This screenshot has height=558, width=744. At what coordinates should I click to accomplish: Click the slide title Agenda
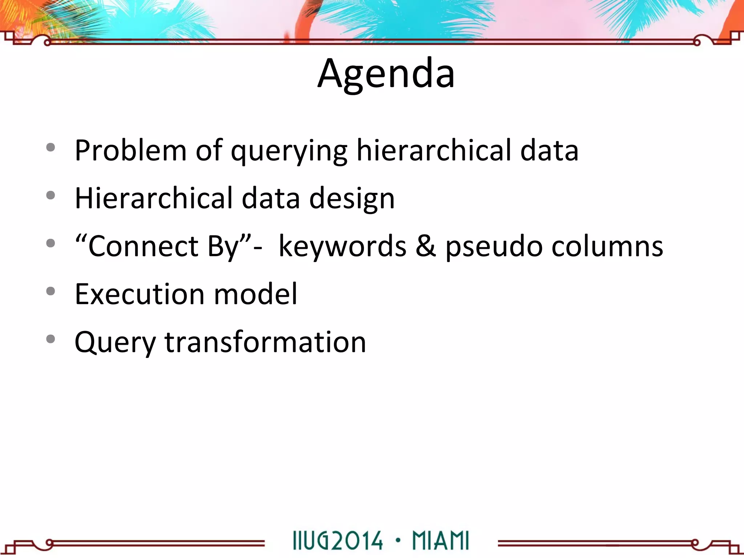coord(386,73)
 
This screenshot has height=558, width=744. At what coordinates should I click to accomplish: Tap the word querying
coord(289,152)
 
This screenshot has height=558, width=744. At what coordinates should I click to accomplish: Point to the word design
coord(352,199)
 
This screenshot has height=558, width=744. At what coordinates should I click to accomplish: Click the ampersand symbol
coord(426,246)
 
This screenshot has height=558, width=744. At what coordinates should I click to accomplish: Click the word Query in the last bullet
coord(115,343)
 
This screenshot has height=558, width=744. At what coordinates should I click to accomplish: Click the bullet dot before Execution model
coord(51,291)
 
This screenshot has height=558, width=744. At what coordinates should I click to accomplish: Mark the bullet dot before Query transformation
coord(51,339)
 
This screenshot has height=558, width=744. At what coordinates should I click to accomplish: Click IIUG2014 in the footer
coord(337,541)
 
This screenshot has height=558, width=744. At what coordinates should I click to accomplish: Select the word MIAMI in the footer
coord(441,541)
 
